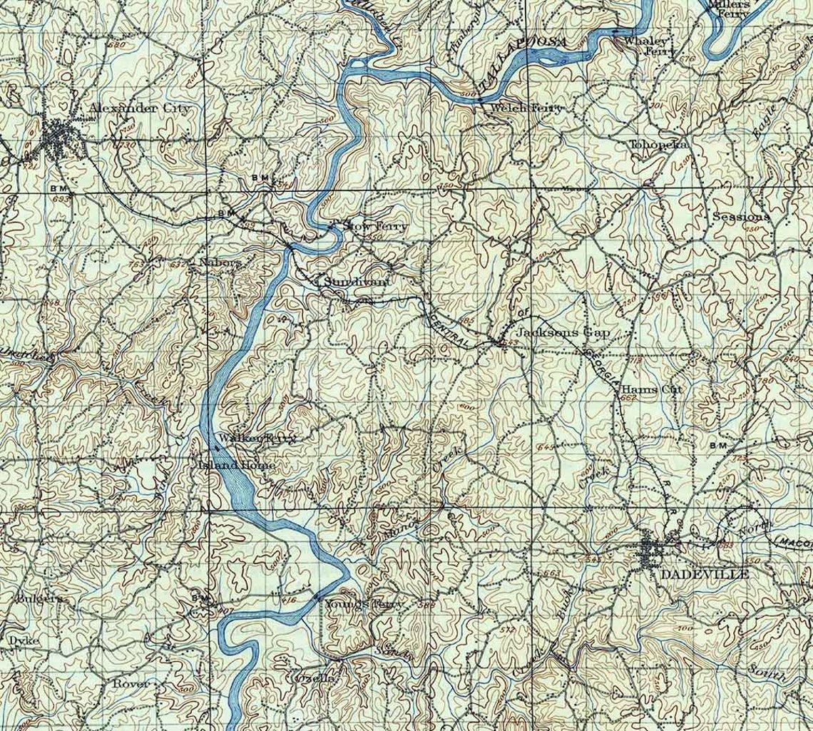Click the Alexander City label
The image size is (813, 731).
point(140,108)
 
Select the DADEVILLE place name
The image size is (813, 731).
point(704,573)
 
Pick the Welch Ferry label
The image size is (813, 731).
point(526,108)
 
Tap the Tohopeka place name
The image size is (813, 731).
point(658,144)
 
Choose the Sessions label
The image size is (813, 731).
point(741,216)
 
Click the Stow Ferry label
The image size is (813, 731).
point(375,226)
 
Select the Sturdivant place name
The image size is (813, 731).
point(357,282)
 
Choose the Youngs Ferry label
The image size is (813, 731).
point(364,604)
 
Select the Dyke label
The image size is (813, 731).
point(24,640)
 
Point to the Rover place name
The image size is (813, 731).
point(132,683)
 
